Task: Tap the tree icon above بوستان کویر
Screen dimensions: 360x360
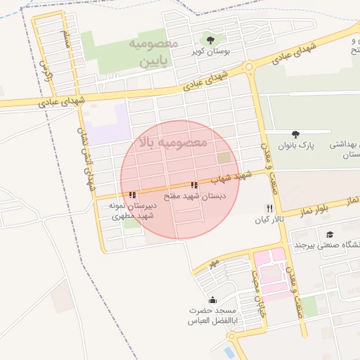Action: (x=209, y=39)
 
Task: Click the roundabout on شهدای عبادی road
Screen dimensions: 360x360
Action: (x=249, y=67)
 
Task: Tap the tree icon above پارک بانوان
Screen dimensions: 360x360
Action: (x=295, y=134)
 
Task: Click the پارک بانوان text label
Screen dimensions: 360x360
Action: (x=295, y=146)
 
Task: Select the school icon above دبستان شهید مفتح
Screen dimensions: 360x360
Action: (x=194, y=186)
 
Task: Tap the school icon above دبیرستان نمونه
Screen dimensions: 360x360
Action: (x=132, y=195)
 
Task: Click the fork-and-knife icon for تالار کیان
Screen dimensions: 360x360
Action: (x=269, y=208)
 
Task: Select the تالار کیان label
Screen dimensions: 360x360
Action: (x=269, y=220)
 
